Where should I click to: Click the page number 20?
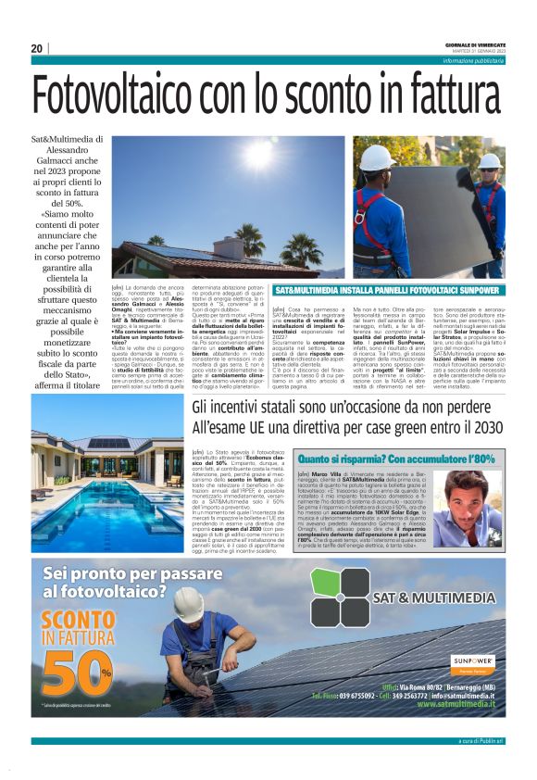[37, 48]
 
